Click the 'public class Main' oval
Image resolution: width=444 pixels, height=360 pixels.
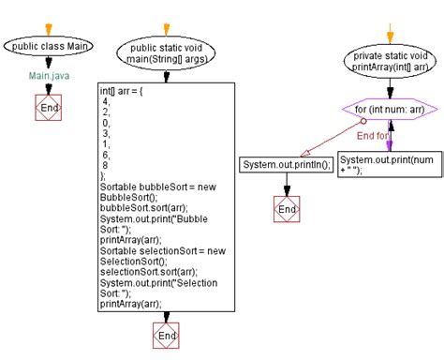[47, 46]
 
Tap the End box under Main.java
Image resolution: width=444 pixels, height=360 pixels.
[47, 110]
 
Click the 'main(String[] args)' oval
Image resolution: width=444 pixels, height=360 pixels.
[166, 52]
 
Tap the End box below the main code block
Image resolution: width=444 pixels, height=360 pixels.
[166, 335]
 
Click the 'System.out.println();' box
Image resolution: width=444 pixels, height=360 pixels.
[287, 165]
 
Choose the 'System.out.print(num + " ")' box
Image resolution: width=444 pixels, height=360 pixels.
[387, 165]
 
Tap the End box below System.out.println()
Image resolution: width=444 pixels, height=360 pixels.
[287, 208]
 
